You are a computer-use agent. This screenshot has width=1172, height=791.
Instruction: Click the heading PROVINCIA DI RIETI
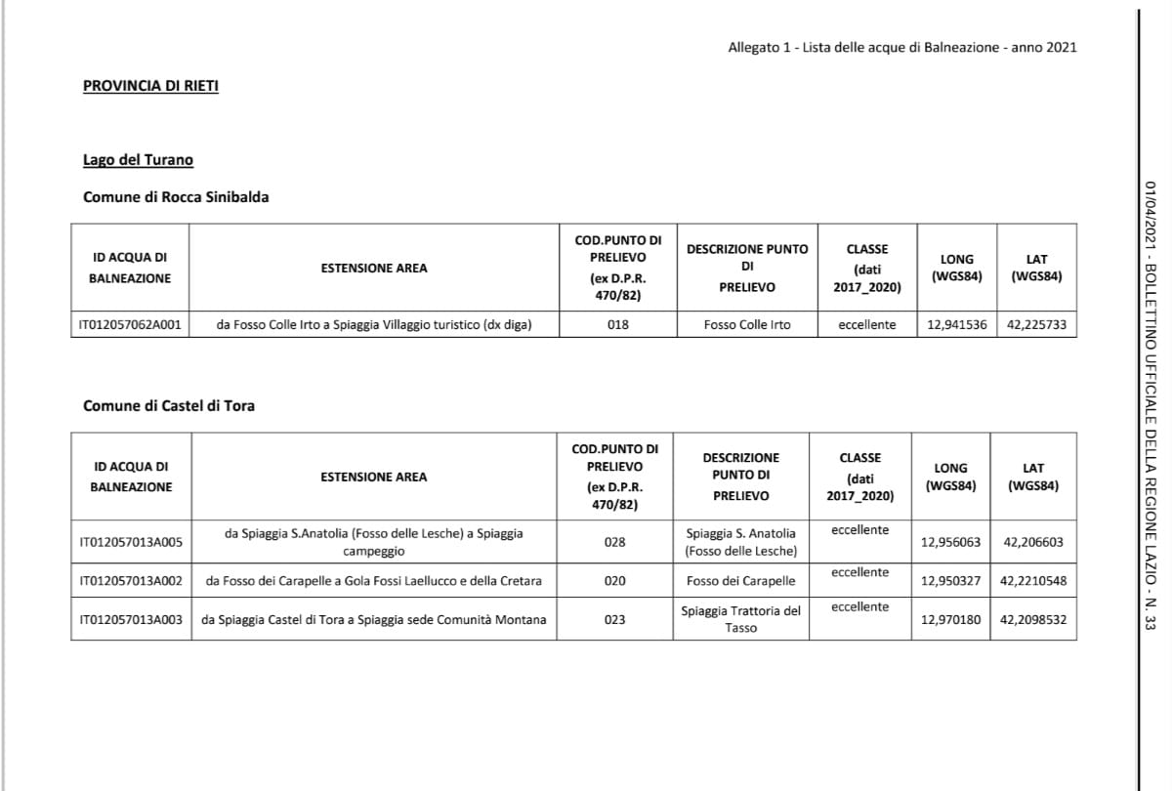(x=150, y=86)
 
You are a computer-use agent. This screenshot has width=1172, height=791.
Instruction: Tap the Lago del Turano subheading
(x=138, y=160)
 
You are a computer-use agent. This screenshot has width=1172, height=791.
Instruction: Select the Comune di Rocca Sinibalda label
(x=176, y=197)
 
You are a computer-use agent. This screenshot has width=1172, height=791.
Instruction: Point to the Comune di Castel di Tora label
(x=168, y=405)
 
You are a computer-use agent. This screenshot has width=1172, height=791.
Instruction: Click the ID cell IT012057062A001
(x=130, y=324)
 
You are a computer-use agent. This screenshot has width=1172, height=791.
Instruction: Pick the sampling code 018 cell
(x=617, y=324)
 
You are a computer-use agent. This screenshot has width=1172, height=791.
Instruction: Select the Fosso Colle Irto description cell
(x=747, y=324)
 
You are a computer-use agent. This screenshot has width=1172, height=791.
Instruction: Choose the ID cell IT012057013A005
(x=130, y=541)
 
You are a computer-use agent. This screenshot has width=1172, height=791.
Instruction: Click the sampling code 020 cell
(x=614, y=581)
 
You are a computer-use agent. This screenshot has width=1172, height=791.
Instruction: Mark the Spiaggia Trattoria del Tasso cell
(x=740, y=619)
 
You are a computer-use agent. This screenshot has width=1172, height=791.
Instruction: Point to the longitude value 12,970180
(x=950, y=619)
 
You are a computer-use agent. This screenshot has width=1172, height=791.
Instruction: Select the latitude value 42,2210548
(x=1033, y=581)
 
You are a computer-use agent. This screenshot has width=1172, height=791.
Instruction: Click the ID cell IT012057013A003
(x=130, y=619)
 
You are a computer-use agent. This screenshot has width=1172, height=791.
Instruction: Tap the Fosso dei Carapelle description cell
(x=740, y=581)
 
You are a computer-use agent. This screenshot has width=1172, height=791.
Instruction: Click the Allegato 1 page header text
(x=901, y=47)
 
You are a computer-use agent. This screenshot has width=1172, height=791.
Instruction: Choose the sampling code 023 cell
(x=614, y=619)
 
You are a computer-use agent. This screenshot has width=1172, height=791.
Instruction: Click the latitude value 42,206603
(x=1033, y=541)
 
